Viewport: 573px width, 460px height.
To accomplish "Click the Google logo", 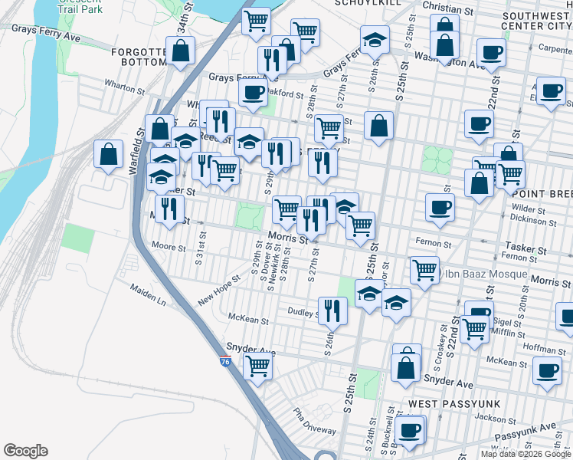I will click(25, 451).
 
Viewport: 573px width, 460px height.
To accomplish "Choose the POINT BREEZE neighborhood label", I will click(541, 194).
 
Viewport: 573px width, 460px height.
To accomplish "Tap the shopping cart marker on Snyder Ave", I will click(258, 366).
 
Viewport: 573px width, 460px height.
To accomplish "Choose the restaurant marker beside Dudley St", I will click(332, 310).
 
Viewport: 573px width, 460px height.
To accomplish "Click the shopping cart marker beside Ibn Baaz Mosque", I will click(424, 270).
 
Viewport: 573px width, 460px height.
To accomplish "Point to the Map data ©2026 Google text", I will click(526, 454).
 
